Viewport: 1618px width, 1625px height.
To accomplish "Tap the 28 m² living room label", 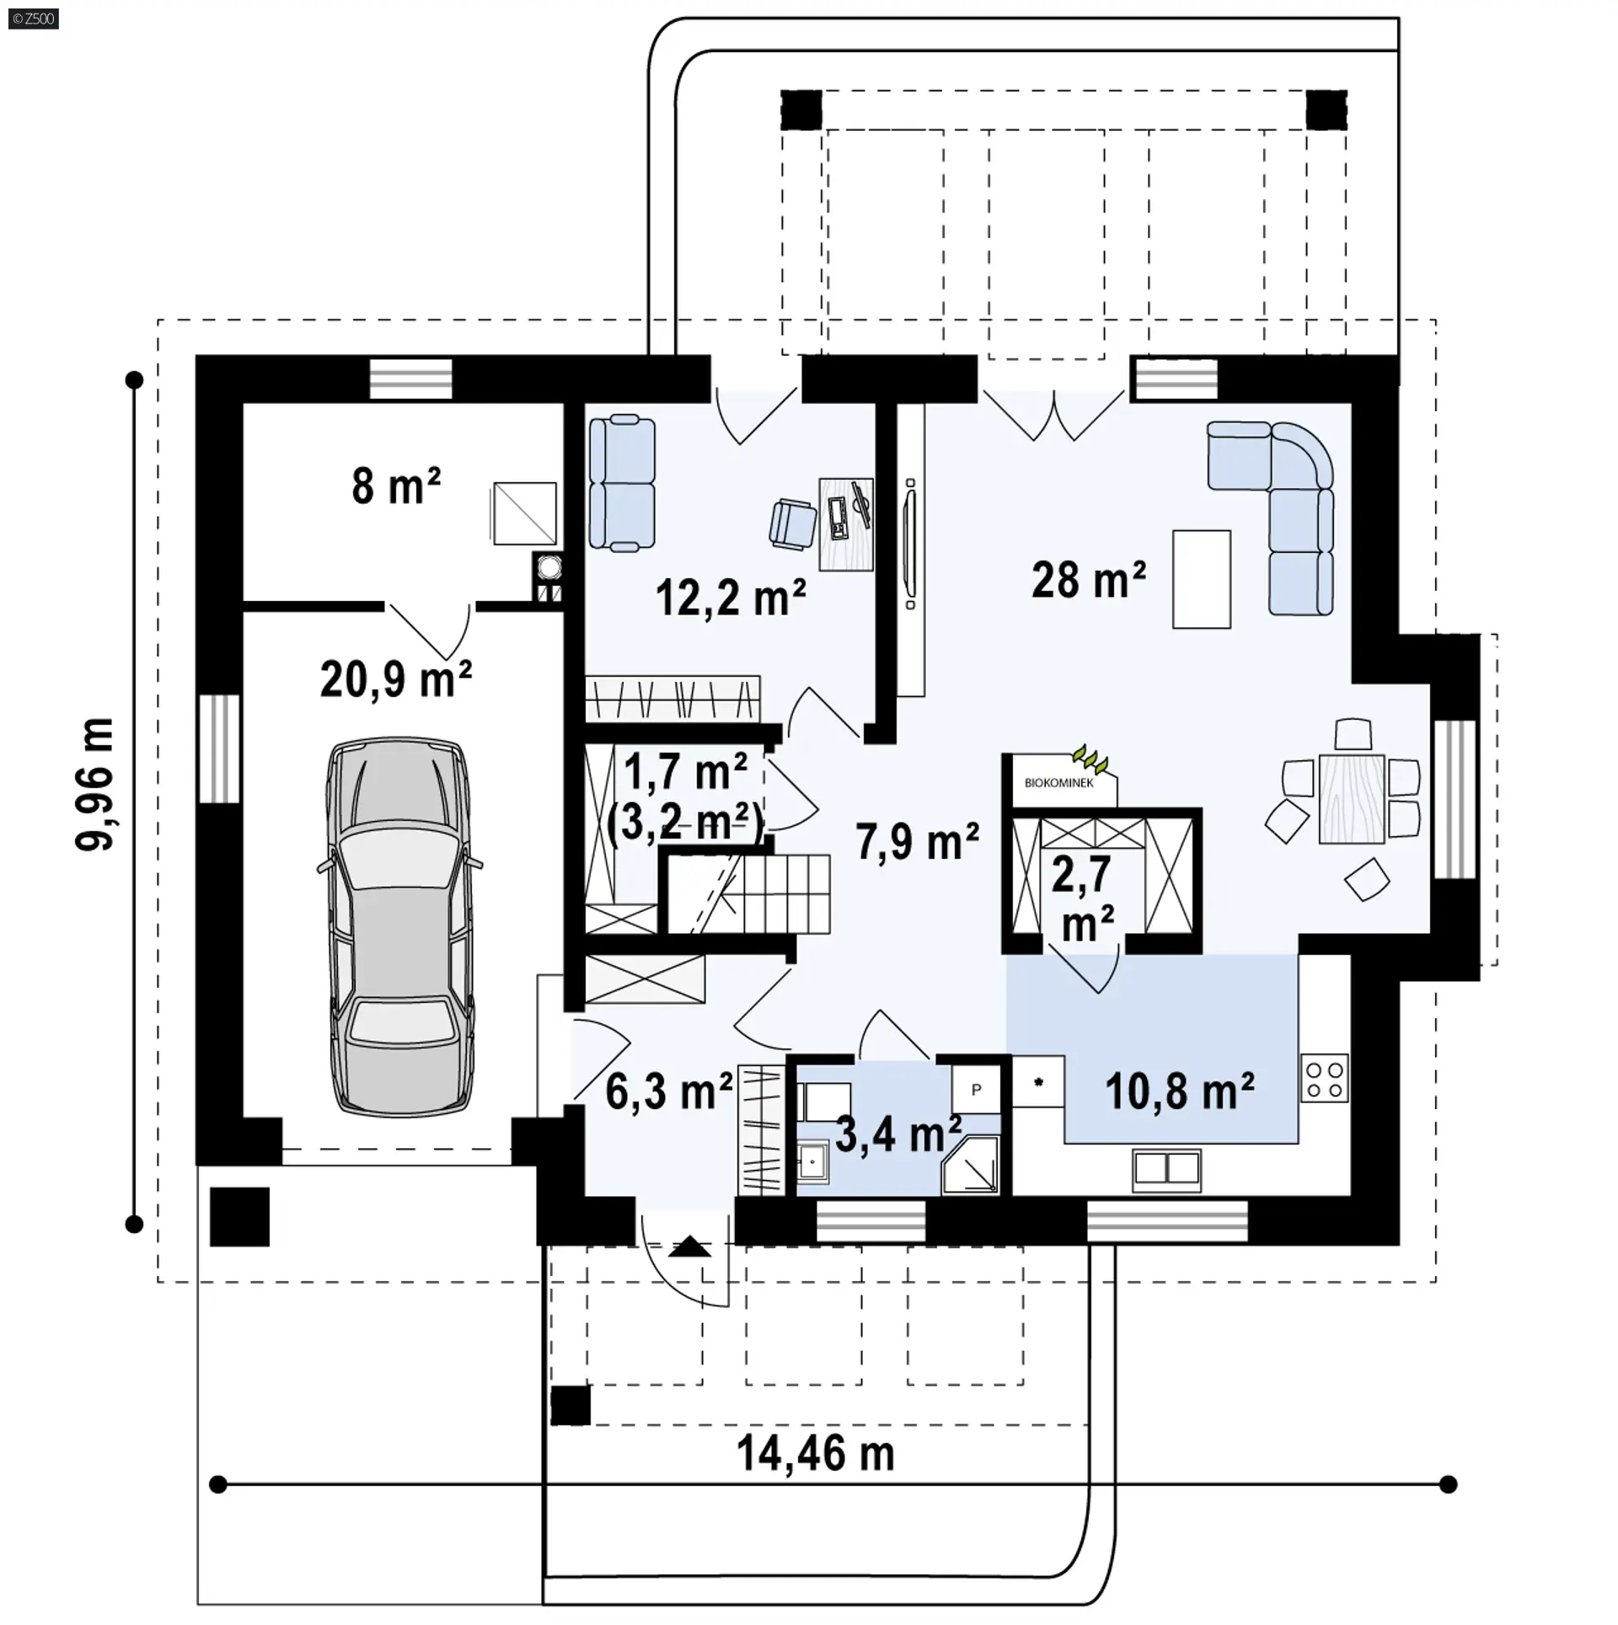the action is (1088, 580).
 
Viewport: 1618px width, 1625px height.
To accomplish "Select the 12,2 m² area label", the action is (731, 598).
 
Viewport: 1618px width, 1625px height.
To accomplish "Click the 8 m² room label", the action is (396, 485).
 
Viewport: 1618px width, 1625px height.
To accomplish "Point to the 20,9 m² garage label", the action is (395, 678).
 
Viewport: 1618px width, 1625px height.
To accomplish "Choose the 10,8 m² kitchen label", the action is (1180, 1091).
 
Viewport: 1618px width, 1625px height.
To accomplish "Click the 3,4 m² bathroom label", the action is (898, 1134).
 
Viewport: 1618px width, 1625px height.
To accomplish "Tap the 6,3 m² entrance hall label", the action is (669, 1091).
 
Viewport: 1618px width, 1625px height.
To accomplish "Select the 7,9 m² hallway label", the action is (918, 842).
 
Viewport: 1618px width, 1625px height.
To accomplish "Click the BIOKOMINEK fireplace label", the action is (1058, 783).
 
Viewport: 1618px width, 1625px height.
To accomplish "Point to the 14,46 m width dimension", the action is (816, 1454).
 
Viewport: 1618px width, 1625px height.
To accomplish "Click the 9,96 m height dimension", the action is (94, 784).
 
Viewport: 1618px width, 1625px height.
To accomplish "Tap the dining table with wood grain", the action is (1351, 798).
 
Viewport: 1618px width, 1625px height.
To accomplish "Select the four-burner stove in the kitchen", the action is (1324, 1078).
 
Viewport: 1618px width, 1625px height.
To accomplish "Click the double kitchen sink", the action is (1167, 1168).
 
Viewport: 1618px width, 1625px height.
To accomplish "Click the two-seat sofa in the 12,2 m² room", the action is (622, 483).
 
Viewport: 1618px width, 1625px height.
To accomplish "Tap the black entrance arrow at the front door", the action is (689, 1247).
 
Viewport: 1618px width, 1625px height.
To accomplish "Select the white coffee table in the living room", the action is (1202, 579).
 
